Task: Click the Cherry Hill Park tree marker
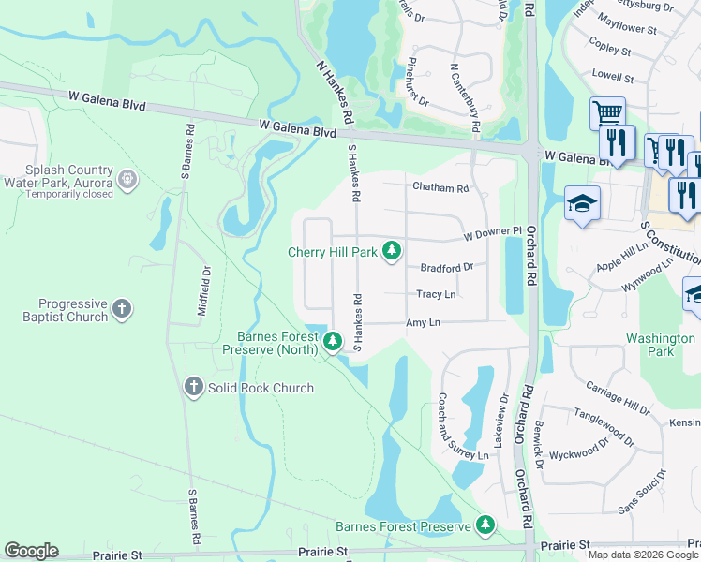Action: [393, 251]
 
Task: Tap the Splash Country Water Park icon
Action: [127, 177]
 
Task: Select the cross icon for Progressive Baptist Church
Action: [121, 309]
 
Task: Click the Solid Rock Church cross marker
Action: [194, 387]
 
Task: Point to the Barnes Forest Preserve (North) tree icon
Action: [332, 344]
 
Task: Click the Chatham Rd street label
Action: [440, 188]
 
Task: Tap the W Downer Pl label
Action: [491, 231]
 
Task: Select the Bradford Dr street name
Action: [446, 267]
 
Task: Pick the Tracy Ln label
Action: [436, 294]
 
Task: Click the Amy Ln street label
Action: [423, 321]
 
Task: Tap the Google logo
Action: [31, 551]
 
